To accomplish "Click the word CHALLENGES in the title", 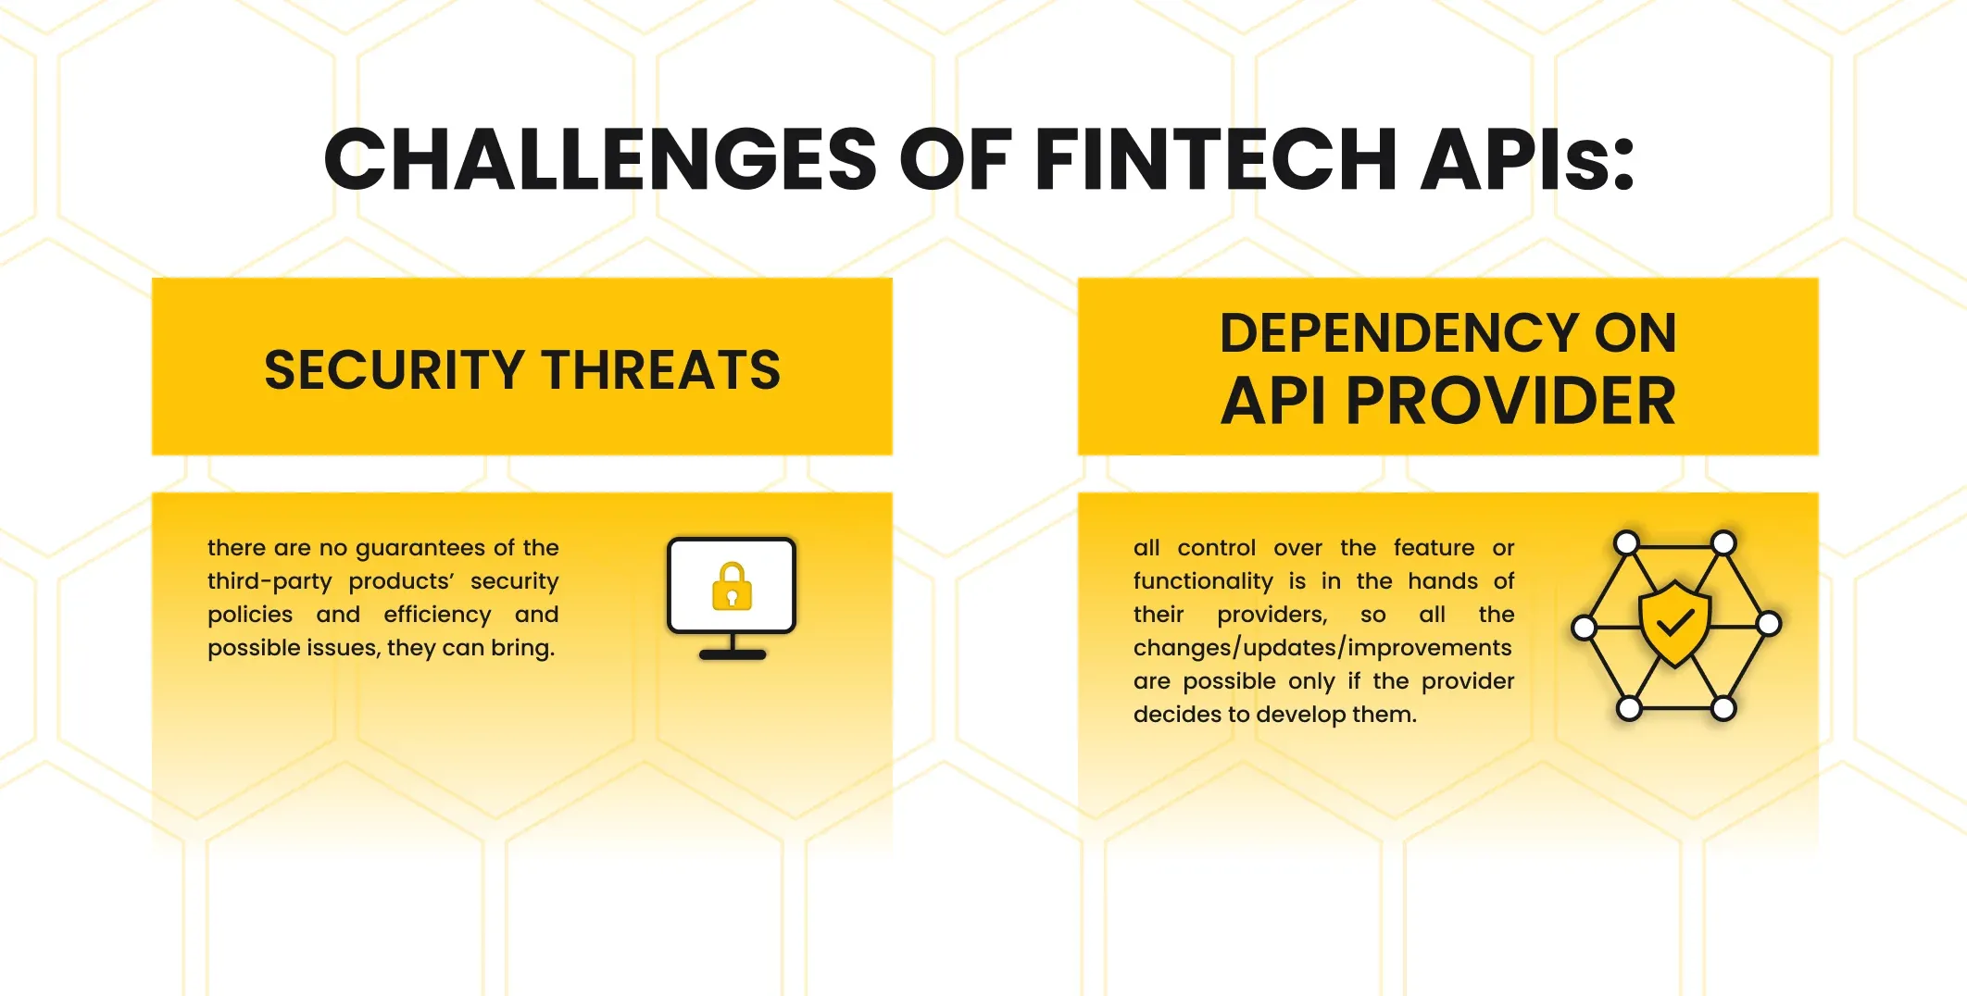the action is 600,159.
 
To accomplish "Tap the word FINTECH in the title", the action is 1215,159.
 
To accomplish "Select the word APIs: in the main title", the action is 1528,159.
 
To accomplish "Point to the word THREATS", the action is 661,370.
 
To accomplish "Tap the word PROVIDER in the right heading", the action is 1510,401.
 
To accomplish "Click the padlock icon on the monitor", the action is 732,586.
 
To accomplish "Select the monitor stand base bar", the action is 733,654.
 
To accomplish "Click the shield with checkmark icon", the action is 1674,624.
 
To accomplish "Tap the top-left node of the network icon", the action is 1627,543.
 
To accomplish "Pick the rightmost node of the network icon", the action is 1768,624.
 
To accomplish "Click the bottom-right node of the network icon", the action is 1723,709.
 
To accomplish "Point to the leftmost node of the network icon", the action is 1585,628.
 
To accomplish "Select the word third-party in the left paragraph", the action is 269,581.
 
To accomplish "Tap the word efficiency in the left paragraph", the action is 437,615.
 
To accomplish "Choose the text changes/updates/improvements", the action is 1322,648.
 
